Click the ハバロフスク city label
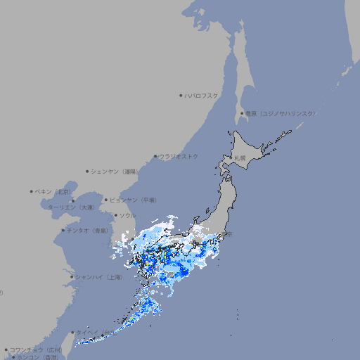pyautogui.click(x=202, y=95)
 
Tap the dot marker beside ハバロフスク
pyautogui.click(x=181, y=95)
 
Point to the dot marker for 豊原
pyautogui.click(x=243, y=113)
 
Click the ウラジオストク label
pyautogui.click(x=179, y=156)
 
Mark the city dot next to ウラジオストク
pyautogui.click(x=156, y=156)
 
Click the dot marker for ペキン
pyautogui.click(x=32, y=191)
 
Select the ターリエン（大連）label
pyautogui.click(x=71, y=207)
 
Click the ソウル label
pyautogui.click(x=127, y=215)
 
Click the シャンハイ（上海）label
pyautogui.click(x=99, y=277)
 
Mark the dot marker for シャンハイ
pyautogui.click(x=72, y=277)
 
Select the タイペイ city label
pyautogui.click(x=89, y=332)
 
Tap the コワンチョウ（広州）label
pyautogui.click(x=35, y=349)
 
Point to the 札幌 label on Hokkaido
pyautogui.click(x=240, y=158)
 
